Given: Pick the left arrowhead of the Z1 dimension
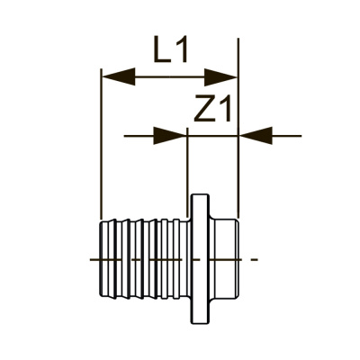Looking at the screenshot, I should (171, 136).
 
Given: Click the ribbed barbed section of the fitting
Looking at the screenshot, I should (144, 259).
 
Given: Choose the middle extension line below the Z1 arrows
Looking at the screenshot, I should (186, 166).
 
